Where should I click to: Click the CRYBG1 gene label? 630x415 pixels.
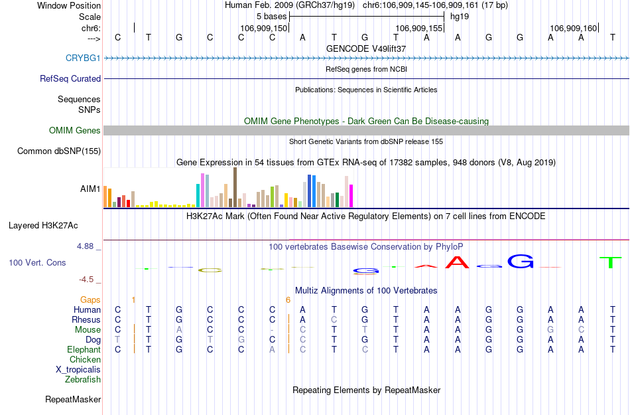tap(83, 58)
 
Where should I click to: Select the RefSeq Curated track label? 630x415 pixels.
tap(70, 78)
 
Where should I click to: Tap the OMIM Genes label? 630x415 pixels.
tap(75, 131)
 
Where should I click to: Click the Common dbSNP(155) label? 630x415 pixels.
tap(59, 151)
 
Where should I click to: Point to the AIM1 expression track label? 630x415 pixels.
tap(90, 189)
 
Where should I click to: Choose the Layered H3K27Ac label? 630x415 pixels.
tap(43, 226)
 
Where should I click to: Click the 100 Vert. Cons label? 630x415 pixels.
tap(37, 263)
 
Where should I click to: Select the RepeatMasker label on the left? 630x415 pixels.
tap(73, 400)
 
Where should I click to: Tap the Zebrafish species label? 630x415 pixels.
tap(83, 380)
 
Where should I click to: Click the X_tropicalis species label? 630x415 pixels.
tap(78, 370)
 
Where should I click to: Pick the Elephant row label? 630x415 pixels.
tap(84, 350)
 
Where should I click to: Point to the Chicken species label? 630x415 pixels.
tap(85, 360)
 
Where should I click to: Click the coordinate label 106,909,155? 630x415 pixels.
tap(418, 29)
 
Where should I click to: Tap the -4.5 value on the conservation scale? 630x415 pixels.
tap(87, 280)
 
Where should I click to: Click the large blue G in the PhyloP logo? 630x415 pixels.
tap(521, 261)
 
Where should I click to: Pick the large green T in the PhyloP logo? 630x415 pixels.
tap(611, 262)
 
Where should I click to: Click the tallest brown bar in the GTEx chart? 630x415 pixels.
tap(235, 187)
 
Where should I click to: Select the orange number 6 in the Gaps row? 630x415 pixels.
tap(288, 300)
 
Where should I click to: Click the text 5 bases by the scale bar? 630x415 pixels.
tap(272, 16)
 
